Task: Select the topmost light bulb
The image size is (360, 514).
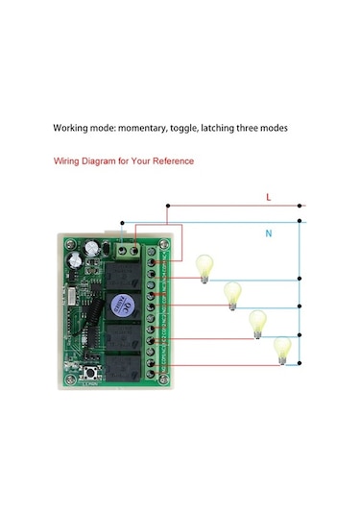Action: coord(203,266)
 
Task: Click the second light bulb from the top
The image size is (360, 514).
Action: coord(230,294)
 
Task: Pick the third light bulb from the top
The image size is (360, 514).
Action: coord(257,323)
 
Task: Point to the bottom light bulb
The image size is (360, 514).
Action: coord(281,349)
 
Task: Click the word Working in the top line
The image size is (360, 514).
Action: coord(73,128)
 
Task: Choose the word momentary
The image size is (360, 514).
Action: coord(144,128)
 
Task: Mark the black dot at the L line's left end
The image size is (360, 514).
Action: coord(169,205)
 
